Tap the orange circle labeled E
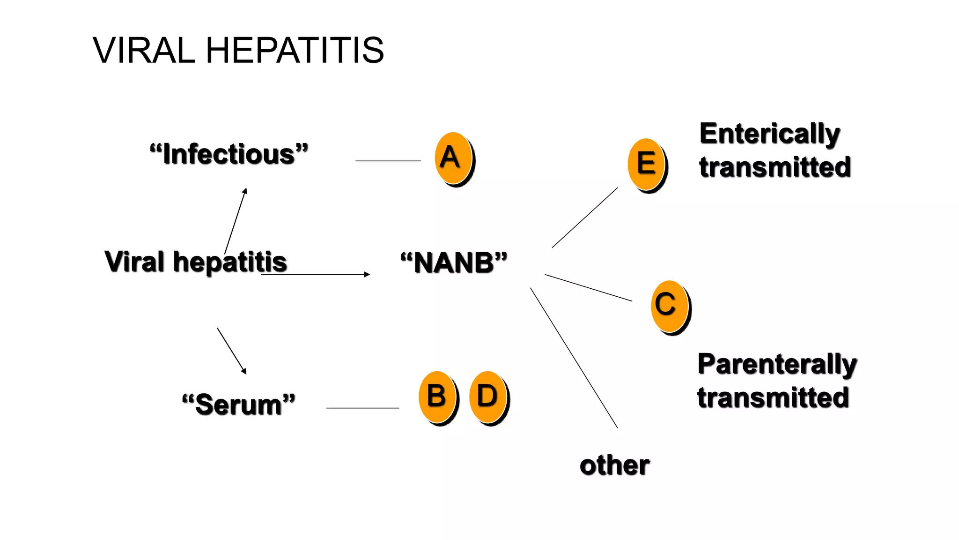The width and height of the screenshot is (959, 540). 646,164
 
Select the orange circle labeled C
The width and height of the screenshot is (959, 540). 669,306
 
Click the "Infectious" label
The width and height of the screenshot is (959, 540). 229,154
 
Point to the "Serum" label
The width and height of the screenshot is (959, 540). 239,404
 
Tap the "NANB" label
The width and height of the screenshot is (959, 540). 454,262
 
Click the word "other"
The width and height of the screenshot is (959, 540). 614,465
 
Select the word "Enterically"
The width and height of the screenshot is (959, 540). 770,134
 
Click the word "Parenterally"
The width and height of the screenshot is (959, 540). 777,364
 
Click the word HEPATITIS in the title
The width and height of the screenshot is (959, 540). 295,50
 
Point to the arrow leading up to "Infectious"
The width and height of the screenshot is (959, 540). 236,220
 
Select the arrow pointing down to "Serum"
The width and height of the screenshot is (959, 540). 231,351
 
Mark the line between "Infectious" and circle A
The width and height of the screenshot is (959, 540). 388,161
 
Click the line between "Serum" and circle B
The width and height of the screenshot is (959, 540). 362,408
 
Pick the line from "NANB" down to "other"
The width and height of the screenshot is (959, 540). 574,357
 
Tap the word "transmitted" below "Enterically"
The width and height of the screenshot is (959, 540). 775,168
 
